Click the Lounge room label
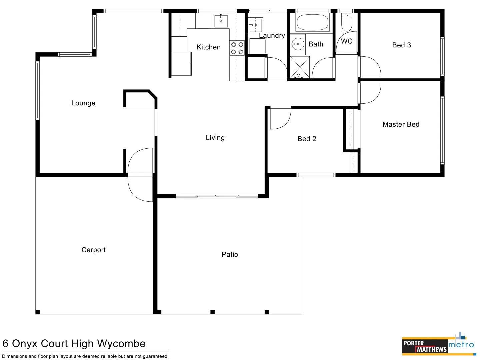click(83, 103)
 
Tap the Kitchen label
click(208, 47)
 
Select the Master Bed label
click(401, 124)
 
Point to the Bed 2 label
click(307, 139)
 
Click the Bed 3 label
click(401, 45)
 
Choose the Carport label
click(93, 250)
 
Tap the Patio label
click(230, 255)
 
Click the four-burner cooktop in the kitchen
click(237, 48)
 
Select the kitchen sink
click(221, 21)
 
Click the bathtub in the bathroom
click(312, 22)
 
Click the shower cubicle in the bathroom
click(300, 68)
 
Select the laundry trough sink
click(255, 25)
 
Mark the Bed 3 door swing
click(370, 67)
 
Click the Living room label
click(215, 138)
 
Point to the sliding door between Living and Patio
click(217, 196)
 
